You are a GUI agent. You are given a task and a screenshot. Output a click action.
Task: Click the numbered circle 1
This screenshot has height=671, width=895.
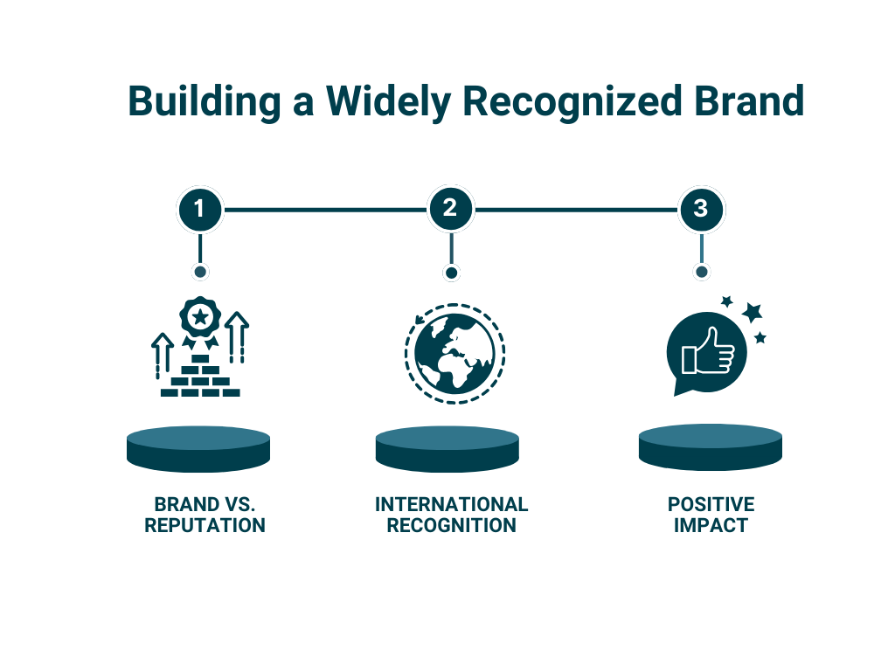click(x=200, y=209)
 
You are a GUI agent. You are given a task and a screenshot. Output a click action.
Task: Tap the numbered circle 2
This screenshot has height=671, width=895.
click(x=450, y=209)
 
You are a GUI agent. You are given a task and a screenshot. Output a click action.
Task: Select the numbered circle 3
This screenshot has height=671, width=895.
click(x=702, y=209)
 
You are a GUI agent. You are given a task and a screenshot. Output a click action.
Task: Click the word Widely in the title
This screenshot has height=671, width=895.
click(x=388, y=101)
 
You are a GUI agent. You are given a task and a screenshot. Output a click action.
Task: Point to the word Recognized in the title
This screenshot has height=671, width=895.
click(x=572, y=101)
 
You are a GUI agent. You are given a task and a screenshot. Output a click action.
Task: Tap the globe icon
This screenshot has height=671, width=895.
click(x=454, y=354)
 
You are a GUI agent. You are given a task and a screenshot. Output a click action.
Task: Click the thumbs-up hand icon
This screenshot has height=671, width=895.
click(x=708, y=351)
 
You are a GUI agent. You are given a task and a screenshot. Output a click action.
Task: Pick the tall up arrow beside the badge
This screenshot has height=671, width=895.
click(x=237, y=337)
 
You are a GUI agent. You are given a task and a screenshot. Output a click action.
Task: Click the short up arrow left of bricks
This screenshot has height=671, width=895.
click(x=162, y=356)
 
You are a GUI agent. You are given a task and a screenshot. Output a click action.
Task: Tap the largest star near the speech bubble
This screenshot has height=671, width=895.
click(x=753, y=312)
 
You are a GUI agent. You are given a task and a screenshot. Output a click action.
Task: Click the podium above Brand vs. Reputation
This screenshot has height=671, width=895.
click(x=198, y=448)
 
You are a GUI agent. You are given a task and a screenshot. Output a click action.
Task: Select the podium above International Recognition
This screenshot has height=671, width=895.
click(x=447, y=448)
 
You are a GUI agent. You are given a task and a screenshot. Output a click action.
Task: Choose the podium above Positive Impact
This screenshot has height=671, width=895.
click(x=710, y=446)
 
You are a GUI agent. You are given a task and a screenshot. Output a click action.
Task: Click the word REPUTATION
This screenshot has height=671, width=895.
click(x=205, y=525)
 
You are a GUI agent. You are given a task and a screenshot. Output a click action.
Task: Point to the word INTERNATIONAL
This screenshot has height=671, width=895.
click(x=452, y=504)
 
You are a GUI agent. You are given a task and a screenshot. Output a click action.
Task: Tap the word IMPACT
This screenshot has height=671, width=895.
click(x=711, y=525)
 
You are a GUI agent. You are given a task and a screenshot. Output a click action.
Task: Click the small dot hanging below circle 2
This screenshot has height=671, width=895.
click(x=451, y=273)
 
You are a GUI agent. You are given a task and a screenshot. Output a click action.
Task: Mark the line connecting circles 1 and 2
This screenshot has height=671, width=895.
click(x=325, y=210)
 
